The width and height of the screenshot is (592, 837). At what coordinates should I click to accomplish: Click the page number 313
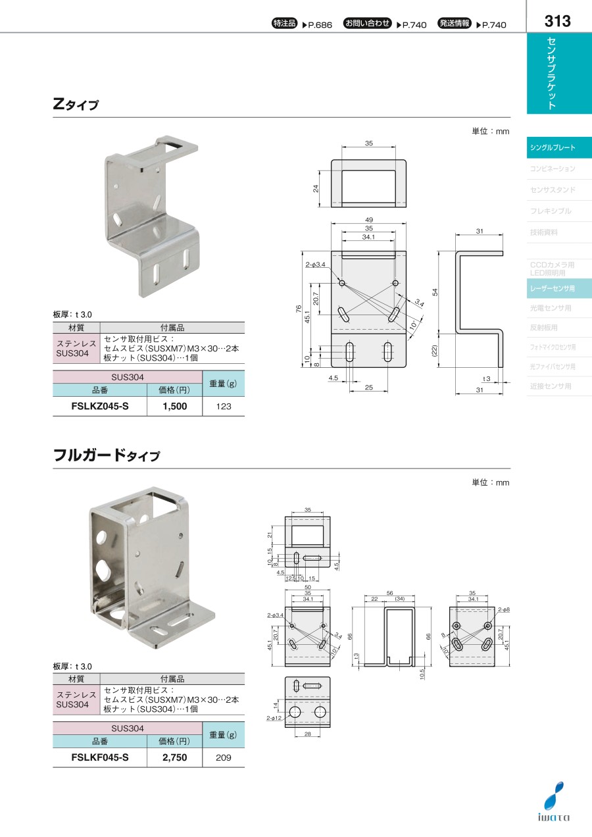558,20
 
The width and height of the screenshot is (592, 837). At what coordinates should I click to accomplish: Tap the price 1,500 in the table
175,406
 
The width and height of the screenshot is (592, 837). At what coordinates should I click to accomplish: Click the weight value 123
224,407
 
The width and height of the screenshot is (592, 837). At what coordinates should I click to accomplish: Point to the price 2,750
175,757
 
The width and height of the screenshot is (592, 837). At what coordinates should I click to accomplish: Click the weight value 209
224,758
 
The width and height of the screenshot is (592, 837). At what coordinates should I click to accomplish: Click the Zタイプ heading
76,104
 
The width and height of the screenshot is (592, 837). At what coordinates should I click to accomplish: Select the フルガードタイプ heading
106,455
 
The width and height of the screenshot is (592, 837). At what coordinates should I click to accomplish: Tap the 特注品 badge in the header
285,24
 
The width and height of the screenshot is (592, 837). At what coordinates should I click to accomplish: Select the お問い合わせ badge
367,24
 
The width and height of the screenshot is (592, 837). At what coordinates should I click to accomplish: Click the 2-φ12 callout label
274,719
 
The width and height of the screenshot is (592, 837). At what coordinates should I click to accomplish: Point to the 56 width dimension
390,592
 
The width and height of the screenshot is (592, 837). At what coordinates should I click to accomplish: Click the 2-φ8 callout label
504,610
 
